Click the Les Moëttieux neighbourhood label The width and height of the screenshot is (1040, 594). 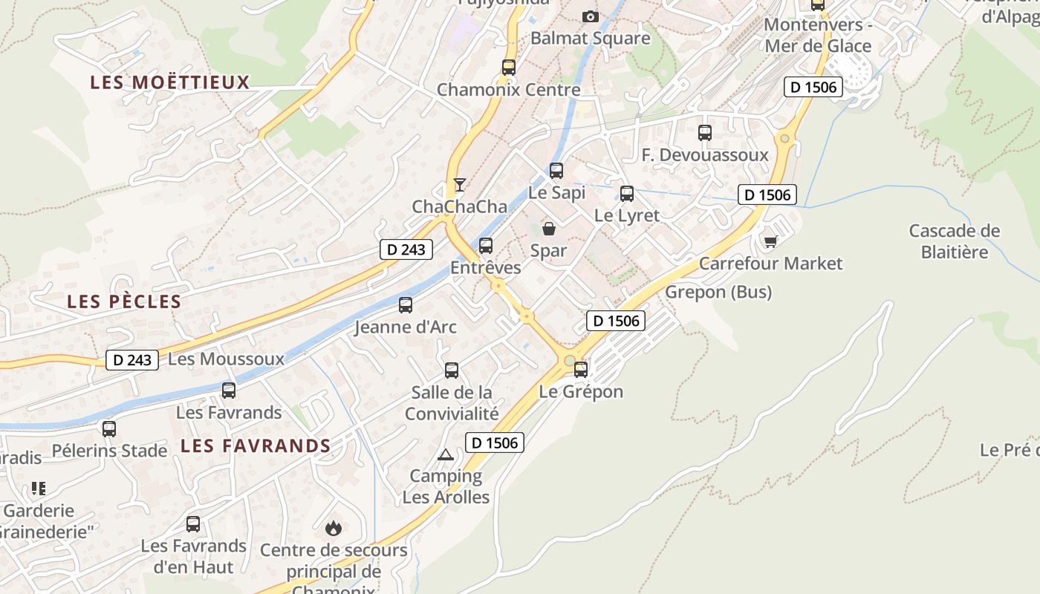tap(169, 82)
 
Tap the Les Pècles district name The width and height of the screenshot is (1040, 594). tap(124, 301)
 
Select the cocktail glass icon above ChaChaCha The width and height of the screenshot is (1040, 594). tap(460, 185)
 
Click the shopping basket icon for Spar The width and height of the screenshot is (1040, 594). tap(548, 229)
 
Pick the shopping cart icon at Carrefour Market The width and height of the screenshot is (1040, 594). tap(770, 241)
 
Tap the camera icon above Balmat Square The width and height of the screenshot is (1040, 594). tap(590, 16)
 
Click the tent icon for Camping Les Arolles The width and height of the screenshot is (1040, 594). tap(446, 454)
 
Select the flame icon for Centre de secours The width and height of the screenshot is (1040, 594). tap(334, 528)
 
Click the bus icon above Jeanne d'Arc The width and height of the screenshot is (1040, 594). tap(406, 304)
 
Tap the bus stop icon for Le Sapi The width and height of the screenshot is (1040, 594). tap(556, 171)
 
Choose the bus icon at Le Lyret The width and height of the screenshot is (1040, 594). tap(627, 194)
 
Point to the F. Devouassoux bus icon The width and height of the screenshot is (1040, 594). tap(705, 133)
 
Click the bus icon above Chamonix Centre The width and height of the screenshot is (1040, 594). tap(509, 68)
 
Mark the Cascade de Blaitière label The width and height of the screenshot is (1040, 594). tap(955, 241)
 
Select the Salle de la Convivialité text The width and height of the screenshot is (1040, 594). tap(452, 402)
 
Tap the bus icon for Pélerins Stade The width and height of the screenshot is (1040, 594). tap(109, 428)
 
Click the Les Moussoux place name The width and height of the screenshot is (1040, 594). tap(226, 359)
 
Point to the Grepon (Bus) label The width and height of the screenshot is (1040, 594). tap(718, 292)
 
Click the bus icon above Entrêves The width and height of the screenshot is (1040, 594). tap(486, 245)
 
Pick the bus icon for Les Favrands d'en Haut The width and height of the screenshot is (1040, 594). tap(193, 524)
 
